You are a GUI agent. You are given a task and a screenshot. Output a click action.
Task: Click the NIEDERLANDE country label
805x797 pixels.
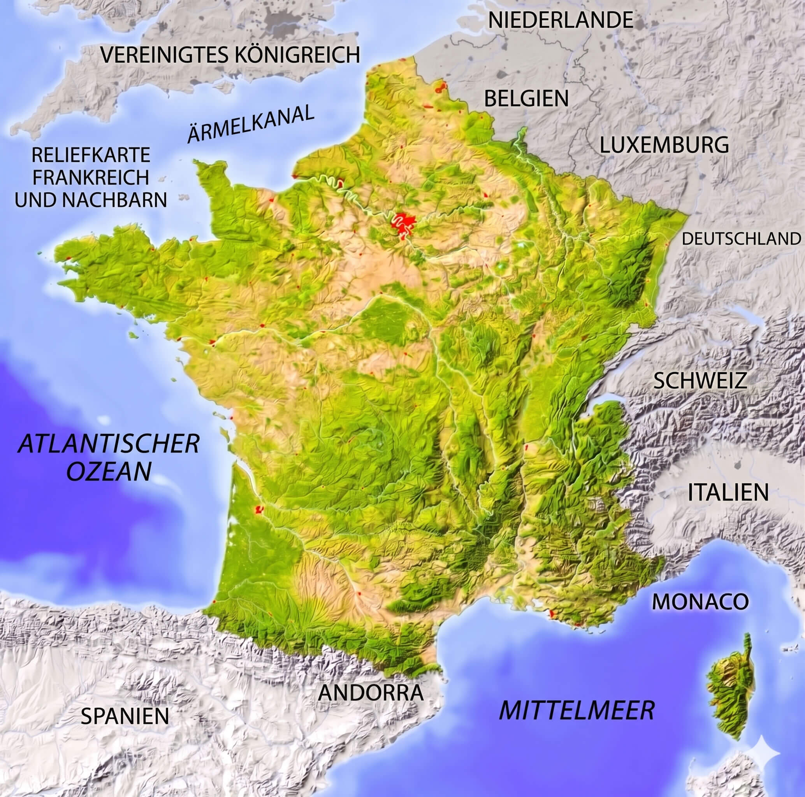561,20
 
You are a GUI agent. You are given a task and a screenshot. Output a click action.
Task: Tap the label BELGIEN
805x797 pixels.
526,99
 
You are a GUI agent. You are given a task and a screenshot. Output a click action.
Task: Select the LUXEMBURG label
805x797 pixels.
664,145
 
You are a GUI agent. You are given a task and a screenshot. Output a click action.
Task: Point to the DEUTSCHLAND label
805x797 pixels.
741,239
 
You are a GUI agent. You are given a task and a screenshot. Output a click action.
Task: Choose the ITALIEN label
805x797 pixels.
728,492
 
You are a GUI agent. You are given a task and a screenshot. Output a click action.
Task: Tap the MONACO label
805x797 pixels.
700,601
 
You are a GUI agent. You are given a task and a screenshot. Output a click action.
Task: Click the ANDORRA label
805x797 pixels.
371,692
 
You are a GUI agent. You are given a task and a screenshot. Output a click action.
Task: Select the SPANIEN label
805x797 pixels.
125,716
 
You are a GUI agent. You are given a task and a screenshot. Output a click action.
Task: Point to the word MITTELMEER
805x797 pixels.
577,710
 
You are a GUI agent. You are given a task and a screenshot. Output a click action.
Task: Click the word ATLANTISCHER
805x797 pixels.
108,444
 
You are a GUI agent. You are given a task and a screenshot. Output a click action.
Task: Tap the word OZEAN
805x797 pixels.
109,472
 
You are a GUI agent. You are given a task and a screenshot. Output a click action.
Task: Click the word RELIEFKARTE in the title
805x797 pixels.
90,155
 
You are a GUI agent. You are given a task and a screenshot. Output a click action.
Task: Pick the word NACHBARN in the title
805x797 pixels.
114,200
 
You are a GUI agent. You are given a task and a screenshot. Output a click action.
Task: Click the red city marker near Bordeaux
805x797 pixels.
259,509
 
